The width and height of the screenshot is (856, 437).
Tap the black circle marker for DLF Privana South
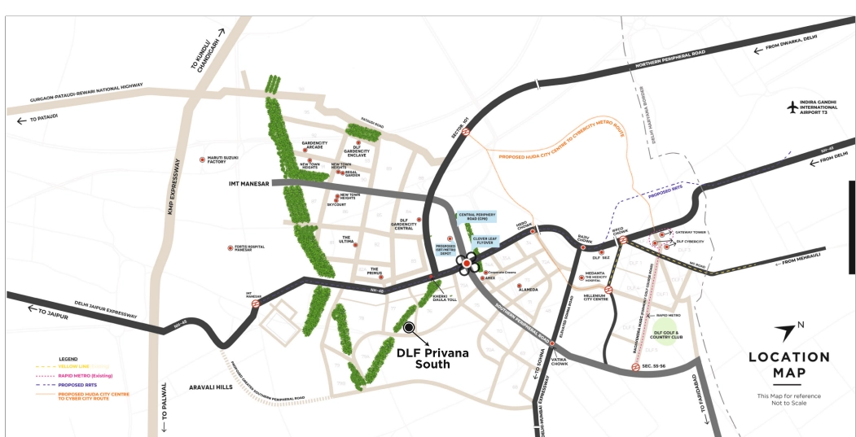click(409, 327)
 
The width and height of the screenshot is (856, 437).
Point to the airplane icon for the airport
click(794, 107)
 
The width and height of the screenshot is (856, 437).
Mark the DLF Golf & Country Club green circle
click(667, 331)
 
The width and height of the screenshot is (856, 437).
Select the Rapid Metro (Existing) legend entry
click(85, 375)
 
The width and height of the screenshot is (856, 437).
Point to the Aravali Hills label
click(210, 387)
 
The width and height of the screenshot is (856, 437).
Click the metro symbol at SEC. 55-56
click(635, 367)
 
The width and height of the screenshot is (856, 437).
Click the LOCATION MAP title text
click(789, 365)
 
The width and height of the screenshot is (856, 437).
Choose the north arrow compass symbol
click(787, 331)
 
